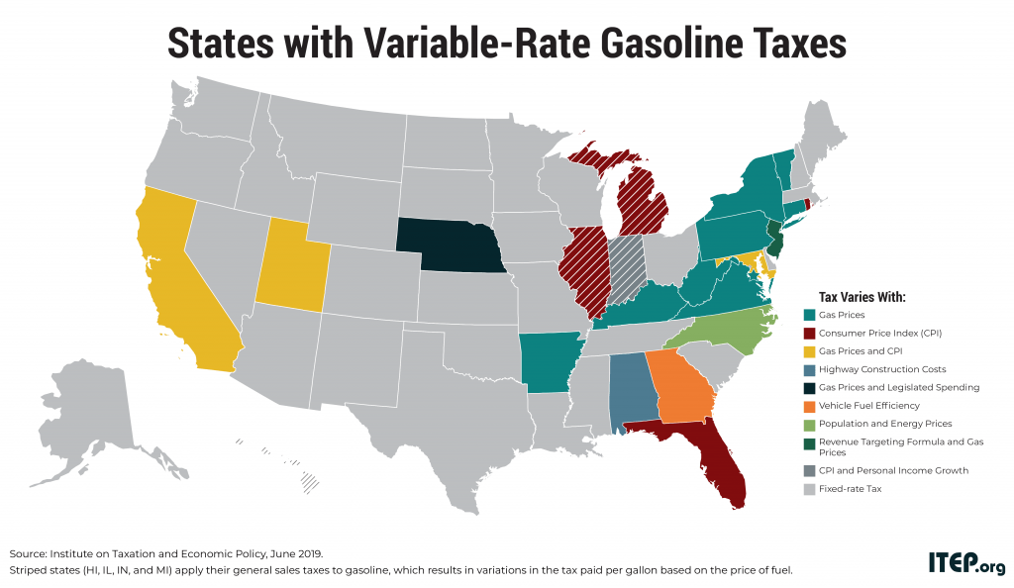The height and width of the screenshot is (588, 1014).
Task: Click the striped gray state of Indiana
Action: tap(626, 267)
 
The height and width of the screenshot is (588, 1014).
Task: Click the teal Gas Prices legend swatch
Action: tap(809, 315)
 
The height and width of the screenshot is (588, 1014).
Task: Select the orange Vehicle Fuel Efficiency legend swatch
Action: tap(809, 405)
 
